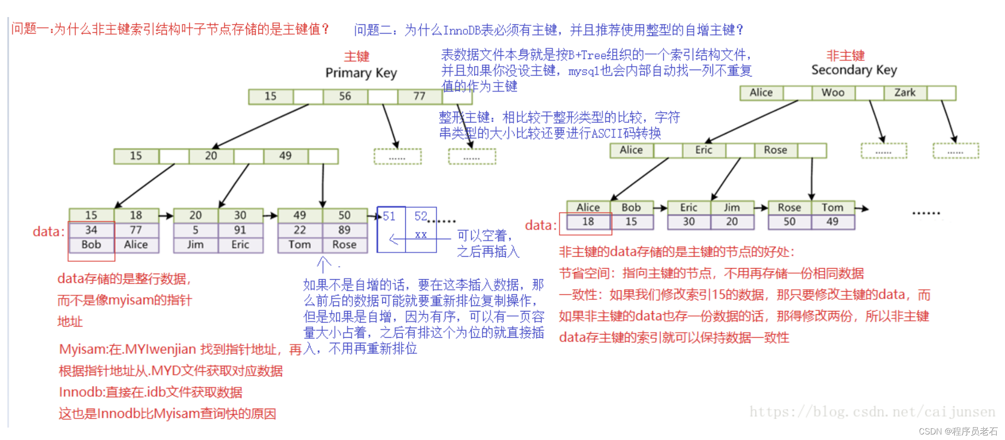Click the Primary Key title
tap(361, 73)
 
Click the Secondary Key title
tap(854, 70)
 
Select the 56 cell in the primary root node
tap(345, 96)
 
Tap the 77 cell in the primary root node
tap(419, 96)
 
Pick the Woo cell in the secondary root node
tap(833, 93)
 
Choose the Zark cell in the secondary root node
tap(905, 93)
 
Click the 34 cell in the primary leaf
tap(91, 230)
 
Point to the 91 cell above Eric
tap(240, 230)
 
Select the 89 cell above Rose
tap(345, 230)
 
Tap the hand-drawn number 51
tap(389, 216)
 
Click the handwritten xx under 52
tap(421, 235)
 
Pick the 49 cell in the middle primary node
tap(285, 156)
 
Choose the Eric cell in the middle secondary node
tap(703, 150)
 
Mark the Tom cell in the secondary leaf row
tap(832, 208)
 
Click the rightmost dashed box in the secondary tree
tap(956, 151)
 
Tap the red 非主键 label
tap(846, 56)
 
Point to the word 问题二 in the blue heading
tap(373, 30)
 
